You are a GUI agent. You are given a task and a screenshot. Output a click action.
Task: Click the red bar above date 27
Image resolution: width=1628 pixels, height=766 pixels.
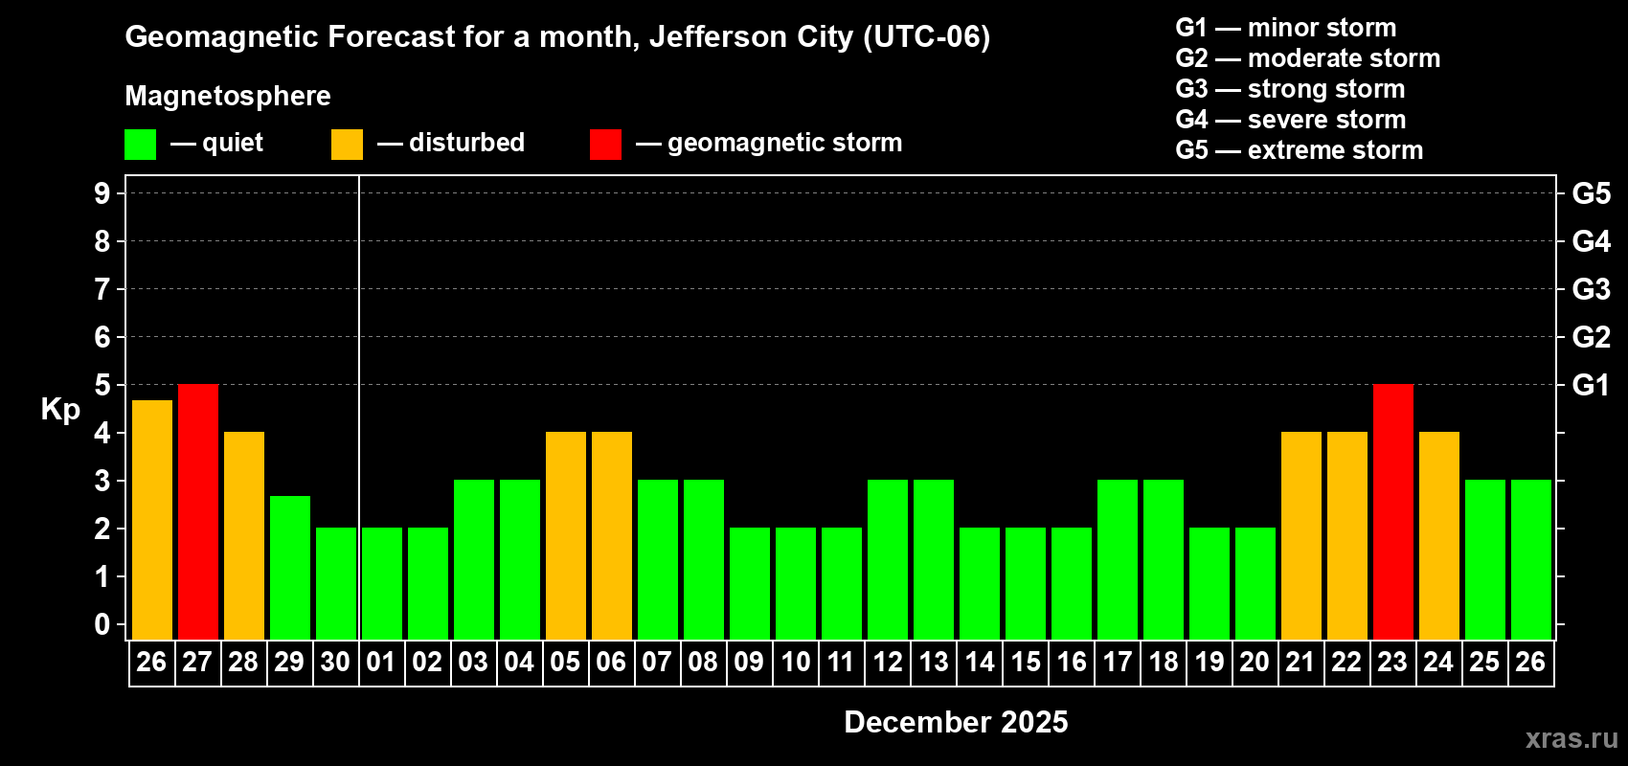[198, 511]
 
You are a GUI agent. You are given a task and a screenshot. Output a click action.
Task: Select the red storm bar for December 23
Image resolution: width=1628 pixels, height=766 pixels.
[1393, 511]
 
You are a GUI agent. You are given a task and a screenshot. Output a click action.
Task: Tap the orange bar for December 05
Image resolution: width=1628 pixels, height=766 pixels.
[566, 535]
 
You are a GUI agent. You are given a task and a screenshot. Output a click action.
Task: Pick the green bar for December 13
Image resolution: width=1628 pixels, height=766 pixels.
[934, 559]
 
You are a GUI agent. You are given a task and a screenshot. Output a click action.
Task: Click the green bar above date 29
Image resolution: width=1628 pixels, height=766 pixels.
[290, 567]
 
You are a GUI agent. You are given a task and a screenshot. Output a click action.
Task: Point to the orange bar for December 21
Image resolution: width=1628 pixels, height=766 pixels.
[1301, 535]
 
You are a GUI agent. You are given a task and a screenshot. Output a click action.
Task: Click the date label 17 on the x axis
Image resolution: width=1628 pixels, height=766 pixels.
[1118, 662]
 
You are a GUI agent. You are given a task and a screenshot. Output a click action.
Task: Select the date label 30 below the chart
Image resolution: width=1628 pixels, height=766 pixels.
[335, 662]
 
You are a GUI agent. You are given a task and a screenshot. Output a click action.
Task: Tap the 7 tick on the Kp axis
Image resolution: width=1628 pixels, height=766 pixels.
[102, 289]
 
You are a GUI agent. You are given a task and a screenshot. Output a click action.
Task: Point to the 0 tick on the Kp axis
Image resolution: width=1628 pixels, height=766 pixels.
[102, 624]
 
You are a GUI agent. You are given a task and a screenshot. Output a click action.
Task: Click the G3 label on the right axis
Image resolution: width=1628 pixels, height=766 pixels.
[1591, 289]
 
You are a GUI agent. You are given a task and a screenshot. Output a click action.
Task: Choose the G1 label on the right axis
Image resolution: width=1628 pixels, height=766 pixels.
[1591, 385]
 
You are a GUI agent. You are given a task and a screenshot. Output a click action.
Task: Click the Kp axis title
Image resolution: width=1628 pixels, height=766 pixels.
[60, 409]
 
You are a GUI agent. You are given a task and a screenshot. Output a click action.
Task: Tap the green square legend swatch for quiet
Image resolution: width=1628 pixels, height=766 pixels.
[141, 145]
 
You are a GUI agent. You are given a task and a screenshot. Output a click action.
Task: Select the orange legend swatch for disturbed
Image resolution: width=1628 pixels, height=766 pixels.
[347, 145]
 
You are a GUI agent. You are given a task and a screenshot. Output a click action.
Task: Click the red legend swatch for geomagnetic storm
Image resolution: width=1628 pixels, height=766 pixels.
[605, 145]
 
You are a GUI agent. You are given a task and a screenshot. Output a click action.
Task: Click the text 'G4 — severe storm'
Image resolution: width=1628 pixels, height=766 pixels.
[1290, 120]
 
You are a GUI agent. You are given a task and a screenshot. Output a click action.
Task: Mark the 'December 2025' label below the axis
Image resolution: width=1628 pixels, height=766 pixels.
[956, 722]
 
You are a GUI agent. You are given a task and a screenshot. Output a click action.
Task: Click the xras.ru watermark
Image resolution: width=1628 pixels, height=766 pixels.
[1571, 738]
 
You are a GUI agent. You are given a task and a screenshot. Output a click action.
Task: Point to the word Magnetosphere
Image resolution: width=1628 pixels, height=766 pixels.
[228, 96]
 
